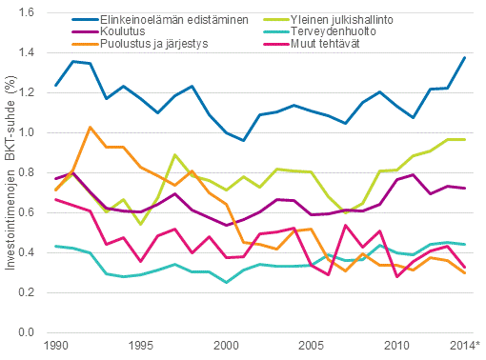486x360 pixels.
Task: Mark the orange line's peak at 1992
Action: [90, 127]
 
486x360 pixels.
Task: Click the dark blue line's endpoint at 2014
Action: [464, 57]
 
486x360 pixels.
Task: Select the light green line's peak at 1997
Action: [174, 154]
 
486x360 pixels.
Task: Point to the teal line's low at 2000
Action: [226, 283]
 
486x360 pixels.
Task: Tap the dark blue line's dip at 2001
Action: [243, 141]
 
